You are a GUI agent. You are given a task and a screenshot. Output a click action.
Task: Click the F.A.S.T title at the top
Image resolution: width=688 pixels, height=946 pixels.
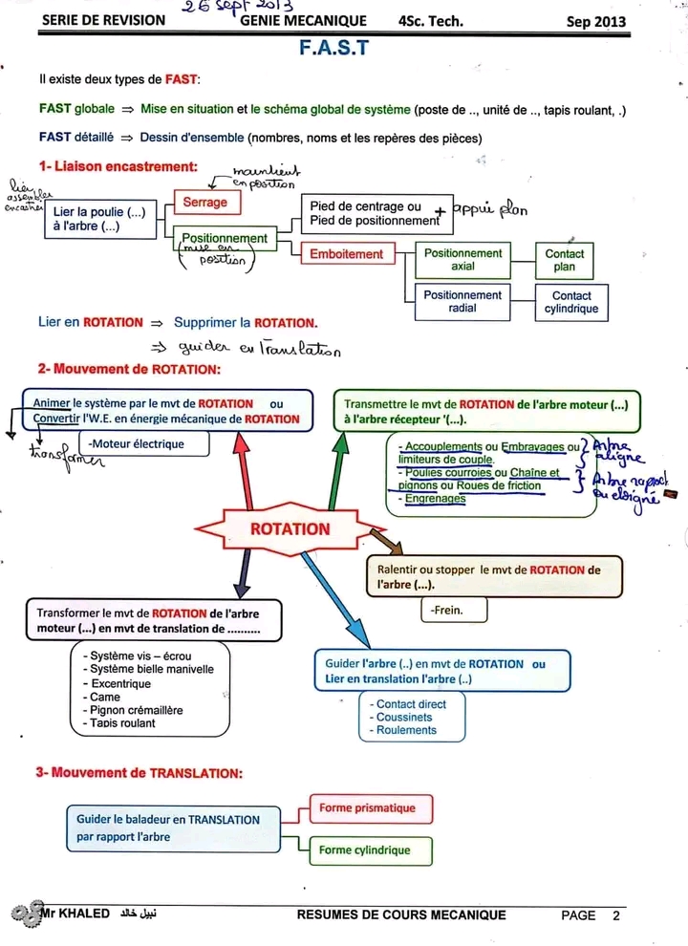click(x=333, y=48)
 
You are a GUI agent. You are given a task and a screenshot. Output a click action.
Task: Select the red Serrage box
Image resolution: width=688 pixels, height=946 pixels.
click(x=205, y=203)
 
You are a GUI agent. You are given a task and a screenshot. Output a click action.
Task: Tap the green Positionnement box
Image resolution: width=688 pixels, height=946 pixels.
click(x=225, y=238)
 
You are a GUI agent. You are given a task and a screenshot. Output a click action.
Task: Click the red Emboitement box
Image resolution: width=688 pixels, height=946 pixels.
click(x=346, y=254)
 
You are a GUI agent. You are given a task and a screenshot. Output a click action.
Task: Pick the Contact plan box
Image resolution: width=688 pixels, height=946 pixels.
click(x=564, y=260)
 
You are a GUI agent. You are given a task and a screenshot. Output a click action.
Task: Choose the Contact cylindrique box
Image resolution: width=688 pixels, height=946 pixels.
click(x=571, y=302)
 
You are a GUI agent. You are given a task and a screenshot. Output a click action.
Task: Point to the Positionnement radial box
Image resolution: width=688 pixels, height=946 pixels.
click(x=462, y=302)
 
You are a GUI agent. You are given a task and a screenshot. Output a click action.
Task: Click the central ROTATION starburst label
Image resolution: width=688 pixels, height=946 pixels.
click(x=290, y=529)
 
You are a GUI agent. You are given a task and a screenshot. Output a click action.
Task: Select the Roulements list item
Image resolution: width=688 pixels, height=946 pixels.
click(x=406, y=730)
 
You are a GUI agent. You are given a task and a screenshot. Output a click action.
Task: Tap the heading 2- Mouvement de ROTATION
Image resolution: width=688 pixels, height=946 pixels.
click(x=129, y=369)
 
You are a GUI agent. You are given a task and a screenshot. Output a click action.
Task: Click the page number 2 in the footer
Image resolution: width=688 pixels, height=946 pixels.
click(x=616, y=915)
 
